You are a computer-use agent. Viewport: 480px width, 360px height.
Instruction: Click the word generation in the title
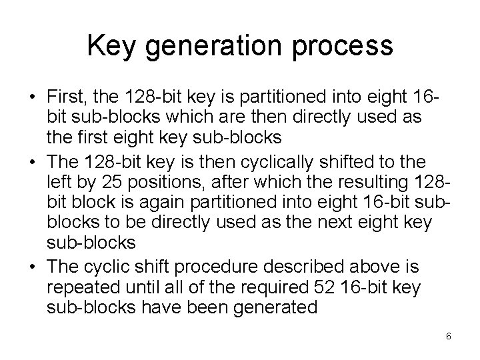coord(207,46)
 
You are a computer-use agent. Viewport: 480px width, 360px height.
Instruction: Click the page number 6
coord(449,336)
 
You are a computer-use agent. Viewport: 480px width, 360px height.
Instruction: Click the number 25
coord(106,183)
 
